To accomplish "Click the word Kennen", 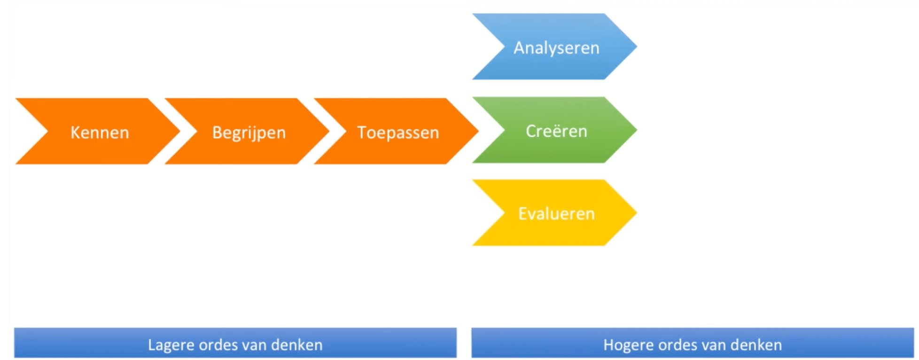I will pos(100,133).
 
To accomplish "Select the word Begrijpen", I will pos(249,133).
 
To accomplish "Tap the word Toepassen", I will pos(398,133).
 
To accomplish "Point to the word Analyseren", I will pos(556,48).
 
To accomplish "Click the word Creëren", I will pos(556,131).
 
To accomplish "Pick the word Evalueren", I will pos(556,214).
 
